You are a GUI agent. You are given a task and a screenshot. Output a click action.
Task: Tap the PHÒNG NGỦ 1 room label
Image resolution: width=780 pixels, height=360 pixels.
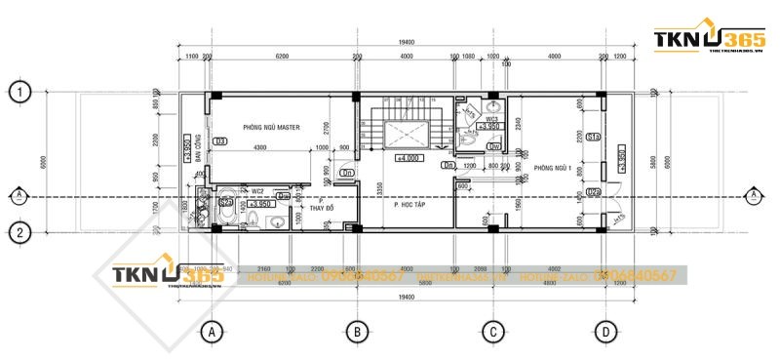(x=552, y=168)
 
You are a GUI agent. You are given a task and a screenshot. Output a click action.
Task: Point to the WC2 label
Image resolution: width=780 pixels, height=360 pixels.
(x=257, y=191)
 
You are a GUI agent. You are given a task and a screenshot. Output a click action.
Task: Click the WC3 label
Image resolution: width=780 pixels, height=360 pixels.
(x=491, y=119)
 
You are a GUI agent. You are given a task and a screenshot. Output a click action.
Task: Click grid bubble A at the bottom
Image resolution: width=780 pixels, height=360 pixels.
(x=211, y=332)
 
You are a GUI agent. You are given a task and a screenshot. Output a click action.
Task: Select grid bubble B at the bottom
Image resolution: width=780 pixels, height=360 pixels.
(x=357, y=332)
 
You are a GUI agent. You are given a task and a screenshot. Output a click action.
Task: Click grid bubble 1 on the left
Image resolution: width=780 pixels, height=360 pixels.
(x=19, y=93)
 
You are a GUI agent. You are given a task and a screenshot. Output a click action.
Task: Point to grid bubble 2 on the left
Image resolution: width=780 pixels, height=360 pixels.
(x=19, y=232)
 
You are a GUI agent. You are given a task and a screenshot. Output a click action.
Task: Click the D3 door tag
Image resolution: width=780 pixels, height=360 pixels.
(x=220, y=141)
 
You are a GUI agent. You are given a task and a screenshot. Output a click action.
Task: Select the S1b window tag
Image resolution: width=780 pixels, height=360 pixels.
(x=592, y=137)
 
